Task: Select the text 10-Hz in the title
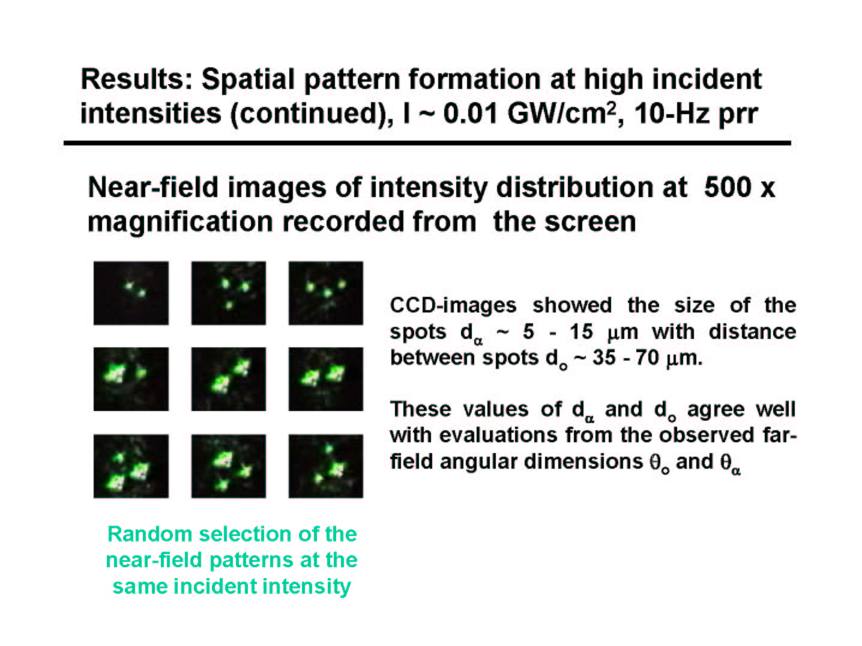672,114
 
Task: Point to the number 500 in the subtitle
728,187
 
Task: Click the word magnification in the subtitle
180,222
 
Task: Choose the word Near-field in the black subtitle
153,187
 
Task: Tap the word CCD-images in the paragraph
453,305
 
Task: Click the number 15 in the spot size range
581,332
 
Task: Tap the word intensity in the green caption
307,587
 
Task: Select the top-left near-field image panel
131,293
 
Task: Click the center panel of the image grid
229,379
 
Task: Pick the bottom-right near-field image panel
326,466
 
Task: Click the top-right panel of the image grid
326,293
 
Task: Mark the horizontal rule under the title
427,144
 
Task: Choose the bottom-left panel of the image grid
131,466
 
